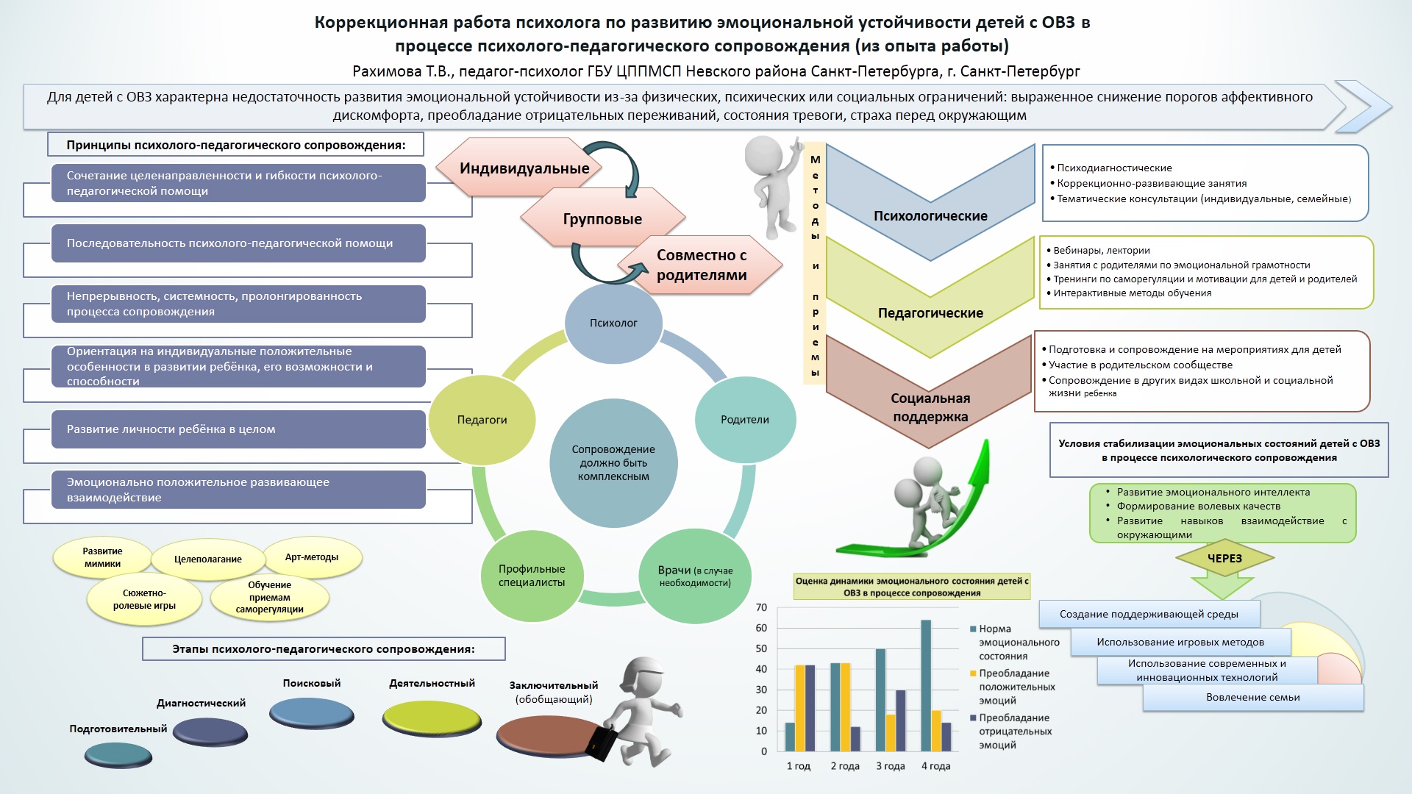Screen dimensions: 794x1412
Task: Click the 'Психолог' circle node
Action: point(613,323)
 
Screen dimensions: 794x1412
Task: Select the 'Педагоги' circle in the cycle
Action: point(482,420)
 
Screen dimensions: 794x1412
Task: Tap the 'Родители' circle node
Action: point(745,420)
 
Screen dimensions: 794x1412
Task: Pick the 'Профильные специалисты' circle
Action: point(532,576)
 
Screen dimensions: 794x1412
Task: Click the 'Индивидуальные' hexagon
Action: point(524,168)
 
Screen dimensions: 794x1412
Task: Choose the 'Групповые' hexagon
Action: point(602,219)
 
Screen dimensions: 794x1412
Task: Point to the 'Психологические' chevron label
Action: point(930,216)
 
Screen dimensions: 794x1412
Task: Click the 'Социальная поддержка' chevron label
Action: point(930,407)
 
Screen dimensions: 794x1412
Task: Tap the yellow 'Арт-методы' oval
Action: point(312,557)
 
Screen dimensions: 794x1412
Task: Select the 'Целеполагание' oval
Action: point(207,559)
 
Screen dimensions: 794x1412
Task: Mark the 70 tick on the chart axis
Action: point(761,608)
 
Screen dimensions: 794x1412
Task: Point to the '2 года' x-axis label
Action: point(845,766)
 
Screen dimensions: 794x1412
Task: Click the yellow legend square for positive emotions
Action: point(973,673)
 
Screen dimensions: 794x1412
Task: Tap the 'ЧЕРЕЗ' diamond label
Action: point(1224,559)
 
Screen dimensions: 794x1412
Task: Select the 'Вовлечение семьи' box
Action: point(1252,698)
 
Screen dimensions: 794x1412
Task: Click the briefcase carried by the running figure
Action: point(602,743)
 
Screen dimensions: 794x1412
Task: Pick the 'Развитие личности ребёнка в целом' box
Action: point(238,429)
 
